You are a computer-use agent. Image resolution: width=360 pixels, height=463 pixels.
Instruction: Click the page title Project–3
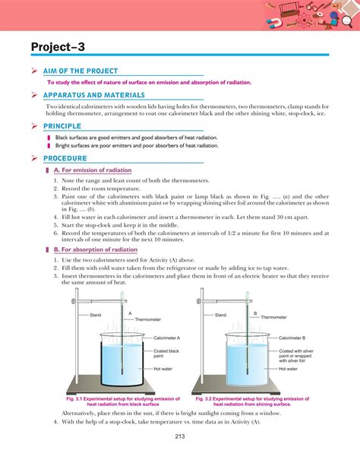[x=58, y=48]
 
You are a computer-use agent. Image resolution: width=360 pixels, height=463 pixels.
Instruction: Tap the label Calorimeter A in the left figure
[x=166, y=337]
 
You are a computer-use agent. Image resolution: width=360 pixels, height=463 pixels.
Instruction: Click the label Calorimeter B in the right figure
[x=292, y=337]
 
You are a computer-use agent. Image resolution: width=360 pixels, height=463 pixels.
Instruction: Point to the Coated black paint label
[x=165, y=352]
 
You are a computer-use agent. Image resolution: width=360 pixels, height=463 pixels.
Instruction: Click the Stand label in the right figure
[x=220, y=315]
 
